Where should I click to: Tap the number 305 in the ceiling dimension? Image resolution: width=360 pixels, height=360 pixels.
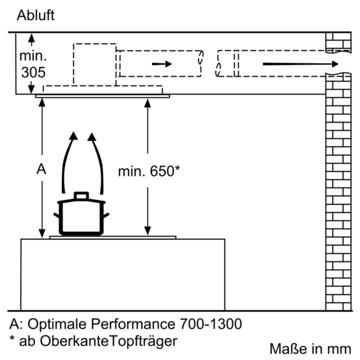pos(32,73)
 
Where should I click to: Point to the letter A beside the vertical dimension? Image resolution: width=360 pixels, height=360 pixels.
pos(41,170)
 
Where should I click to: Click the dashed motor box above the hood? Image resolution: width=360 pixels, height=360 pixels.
pos(95,63)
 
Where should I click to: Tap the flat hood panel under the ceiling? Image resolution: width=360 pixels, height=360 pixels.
pos(102,95)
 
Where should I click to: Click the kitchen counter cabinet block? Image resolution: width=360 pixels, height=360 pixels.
pos(122,270)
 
